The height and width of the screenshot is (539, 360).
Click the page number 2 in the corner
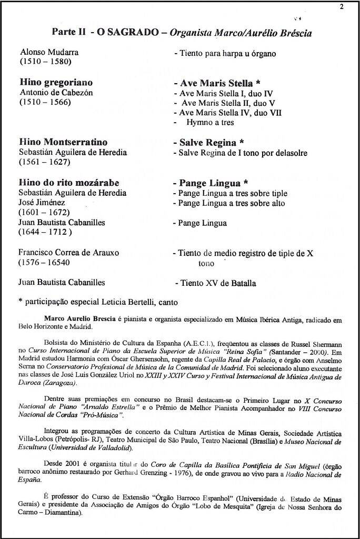click(342, 6)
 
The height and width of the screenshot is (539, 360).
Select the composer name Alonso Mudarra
click(49, 53)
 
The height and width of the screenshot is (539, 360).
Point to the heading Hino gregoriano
click(56, 83)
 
